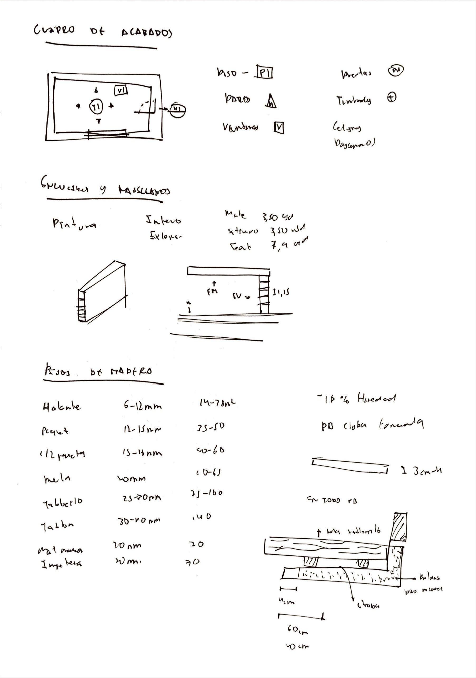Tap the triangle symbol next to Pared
click(271, 101)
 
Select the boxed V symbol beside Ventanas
click(279, 127)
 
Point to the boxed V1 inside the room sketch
click(121, 90)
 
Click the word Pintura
click(74, 224)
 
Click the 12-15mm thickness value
click(142, 430)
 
